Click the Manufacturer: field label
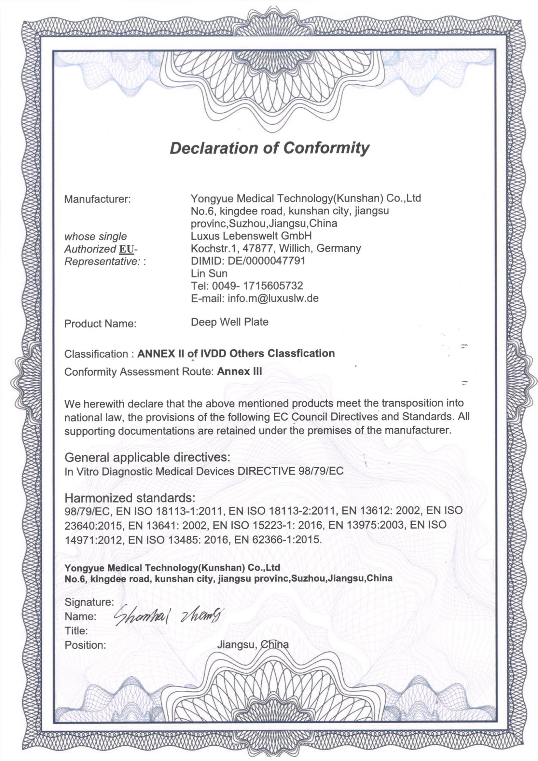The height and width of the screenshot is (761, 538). click(97, 200)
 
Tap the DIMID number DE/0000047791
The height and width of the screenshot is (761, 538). click(266, 261)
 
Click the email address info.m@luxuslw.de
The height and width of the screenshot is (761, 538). click(273, 298)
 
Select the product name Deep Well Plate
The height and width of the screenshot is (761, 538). click(230, 322)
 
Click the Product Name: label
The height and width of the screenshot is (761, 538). click(101, 324)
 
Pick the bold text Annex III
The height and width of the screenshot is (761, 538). click(239, 372)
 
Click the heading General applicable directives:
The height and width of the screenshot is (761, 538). click(147, 458)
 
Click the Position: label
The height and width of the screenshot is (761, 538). click(86, 645)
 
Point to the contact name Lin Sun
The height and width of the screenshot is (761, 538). click(209, 273)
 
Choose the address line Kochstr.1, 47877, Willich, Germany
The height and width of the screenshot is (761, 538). click(276, 248)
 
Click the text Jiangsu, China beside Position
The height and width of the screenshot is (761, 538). click(253, 645)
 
